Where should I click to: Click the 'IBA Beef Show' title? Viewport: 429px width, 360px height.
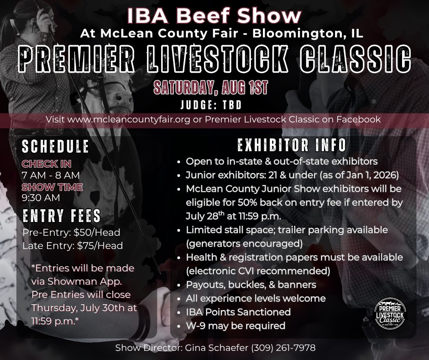(214, 16)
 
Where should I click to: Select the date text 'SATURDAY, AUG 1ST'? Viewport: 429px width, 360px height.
(210, 87)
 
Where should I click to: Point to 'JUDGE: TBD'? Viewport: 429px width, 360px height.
(211, 105)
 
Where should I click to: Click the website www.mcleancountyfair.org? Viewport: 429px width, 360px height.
(129, 120)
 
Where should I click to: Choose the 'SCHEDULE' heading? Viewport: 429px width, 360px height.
(55, 146)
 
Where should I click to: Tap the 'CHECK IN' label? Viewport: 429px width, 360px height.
(47, 164)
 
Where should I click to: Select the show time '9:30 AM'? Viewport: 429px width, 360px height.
(41, 198)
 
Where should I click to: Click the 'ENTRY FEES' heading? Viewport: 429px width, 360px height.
(62, 216)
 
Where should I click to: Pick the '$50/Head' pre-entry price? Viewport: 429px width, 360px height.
(97, 233)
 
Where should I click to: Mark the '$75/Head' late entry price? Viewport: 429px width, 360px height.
(100, 246)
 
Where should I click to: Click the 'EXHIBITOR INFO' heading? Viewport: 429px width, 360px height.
(292, 145)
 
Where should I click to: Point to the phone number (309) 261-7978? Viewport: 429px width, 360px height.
(283, 348)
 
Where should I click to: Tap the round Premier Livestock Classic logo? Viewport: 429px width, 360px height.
(390, 313)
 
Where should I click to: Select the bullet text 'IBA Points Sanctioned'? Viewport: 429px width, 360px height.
(238, 312)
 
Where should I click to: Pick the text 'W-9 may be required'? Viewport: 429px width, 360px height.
(235, 326)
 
